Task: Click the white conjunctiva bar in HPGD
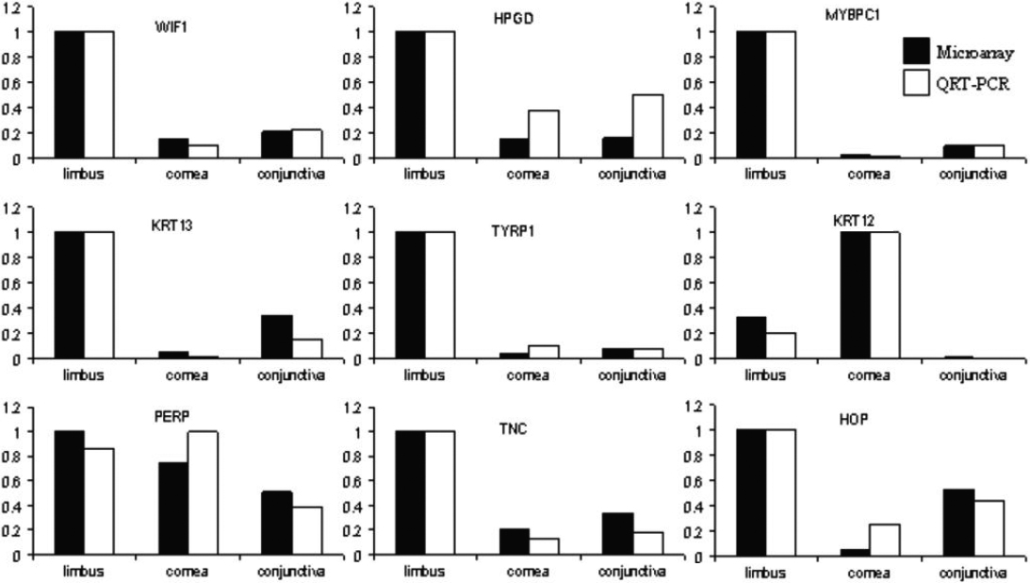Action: click(647, 126)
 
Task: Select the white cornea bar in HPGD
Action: click(544, 134)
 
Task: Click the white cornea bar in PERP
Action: click(204, 493)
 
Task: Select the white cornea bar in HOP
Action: click(884, 540)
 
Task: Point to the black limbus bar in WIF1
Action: click(69, 94)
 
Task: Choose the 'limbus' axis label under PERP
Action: click(83, 572)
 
